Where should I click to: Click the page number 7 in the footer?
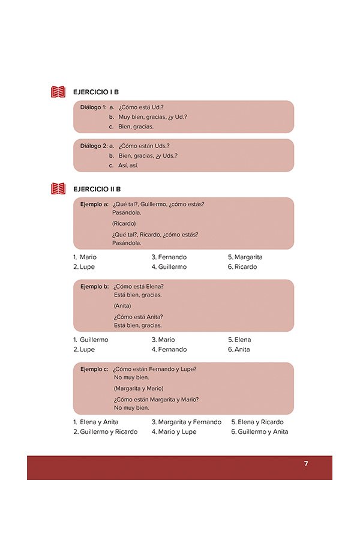306,464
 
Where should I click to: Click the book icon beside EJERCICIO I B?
58,92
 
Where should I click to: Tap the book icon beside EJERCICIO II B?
58,189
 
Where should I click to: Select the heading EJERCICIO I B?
95,92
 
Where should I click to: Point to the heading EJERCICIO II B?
97,189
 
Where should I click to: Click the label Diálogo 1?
93,107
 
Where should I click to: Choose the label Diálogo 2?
93,146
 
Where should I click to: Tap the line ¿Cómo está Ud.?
141,107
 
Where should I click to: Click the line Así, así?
128,165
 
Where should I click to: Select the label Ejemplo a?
94,204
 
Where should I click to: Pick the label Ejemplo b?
94,286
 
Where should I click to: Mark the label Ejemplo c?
94,368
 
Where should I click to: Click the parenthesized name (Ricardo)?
124,223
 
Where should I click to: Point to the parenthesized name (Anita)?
122,305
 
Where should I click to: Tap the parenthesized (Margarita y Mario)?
138,388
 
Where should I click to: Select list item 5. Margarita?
245,257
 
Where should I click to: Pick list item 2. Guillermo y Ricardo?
105,431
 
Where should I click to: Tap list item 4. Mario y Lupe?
173,431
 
